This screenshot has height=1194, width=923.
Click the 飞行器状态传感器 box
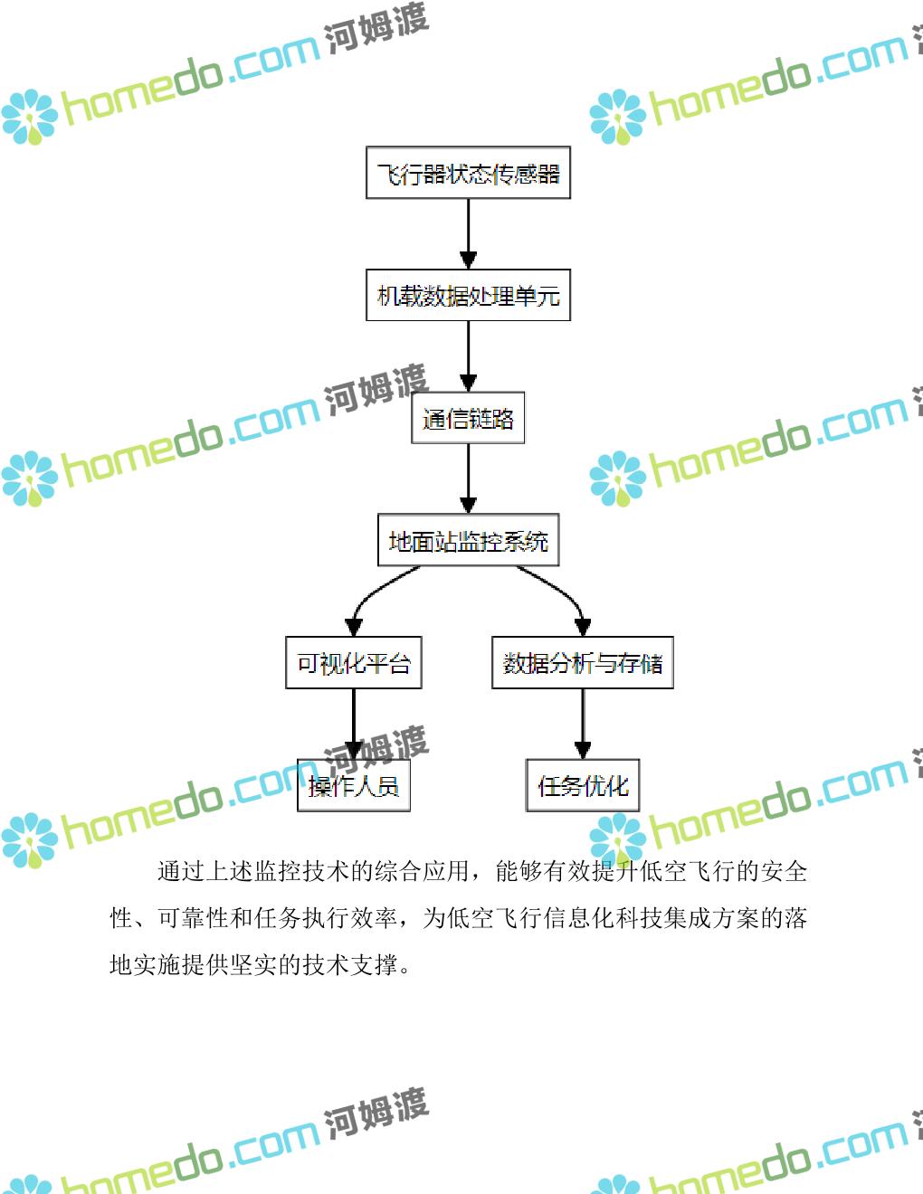(468, 173)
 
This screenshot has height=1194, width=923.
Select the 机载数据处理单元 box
(468, 295)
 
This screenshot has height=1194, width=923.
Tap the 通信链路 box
(468, 418)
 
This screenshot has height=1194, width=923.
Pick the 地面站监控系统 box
(468, 541)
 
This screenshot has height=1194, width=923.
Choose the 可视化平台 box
(354, 663)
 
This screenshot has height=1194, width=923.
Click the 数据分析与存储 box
(582, 663)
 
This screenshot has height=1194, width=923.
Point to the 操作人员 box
(354, 785)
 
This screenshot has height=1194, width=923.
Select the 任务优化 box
(582, 785)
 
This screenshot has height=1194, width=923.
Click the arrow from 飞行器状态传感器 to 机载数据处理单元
(468, 233)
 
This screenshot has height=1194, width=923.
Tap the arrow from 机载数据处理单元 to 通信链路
(468, 355)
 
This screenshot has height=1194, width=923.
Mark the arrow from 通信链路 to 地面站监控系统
(468, 479)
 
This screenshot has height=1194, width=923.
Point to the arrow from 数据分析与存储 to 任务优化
(582, 724)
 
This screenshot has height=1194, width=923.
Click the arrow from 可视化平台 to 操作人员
(354, 724)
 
